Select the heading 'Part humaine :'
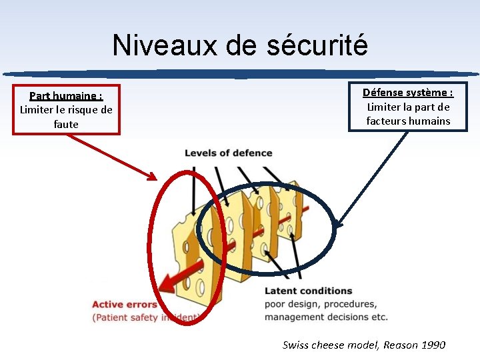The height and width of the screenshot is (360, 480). (x=66, y=96)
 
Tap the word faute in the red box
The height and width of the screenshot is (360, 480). (x=66, y=124)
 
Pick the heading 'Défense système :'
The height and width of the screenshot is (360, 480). (x=408, y=93)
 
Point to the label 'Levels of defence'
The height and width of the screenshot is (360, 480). (x=228, y=153)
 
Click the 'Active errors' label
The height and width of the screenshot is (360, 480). (x=125, y=305)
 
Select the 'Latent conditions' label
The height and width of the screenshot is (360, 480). (x=308, y=291)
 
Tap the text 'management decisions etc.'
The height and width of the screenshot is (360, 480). (x=325, y=317)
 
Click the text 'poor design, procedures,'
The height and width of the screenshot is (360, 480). (x=320, y=304)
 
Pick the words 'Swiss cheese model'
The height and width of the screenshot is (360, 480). (x=327, y=345)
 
